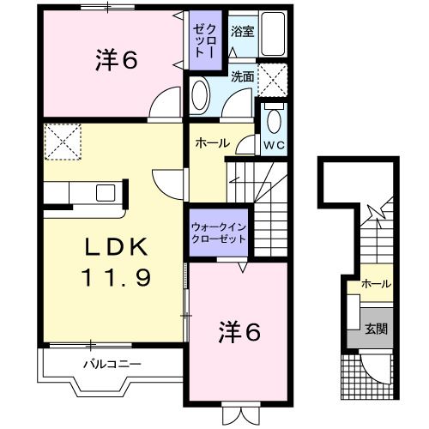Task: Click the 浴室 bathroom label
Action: (x=242, y=32)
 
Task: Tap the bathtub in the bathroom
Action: (x=273, y=33)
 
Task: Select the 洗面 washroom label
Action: (x=243, y=76)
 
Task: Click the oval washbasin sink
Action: (x=199, y=94)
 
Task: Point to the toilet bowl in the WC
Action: (x=274, y=119)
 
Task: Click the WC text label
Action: (x=274, y=145)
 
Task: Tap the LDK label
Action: (x=117, y=246)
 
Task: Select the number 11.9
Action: (x=116, y=277)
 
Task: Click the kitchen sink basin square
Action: (x=106, y=192)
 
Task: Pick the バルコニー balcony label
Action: (x=112, y=365)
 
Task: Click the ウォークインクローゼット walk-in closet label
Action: (x=219, y=233)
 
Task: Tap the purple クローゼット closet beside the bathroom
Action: (x=205, y=40)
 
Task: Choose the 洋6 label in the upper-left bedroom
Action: (x=117, y=60)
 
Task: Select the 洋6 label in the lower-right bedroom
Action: (x=239, y=331)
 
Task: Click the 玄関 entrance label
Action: (x=376, y=329)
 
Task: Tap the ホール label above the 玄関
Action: (x=376, y=284)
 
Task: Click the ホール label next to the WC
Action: (x=213, y=143)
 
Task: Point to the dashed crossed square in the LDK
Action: (x=63, y=142)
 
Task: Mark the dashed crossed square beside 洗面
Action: (x=273, y=80)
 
